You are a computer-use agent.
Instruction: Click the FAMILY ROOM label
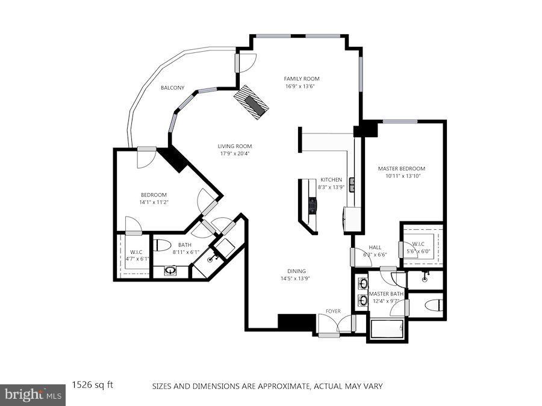coord(301,79)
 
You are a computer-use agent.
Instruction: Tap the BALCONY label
coord(172,88)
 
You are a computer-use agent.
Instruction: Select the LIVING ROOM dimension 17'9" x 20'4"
coord(234,153)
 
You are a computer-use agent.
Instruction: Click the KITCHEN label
coord(331,180)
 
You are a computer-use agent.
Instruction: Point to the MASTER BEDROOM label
coord(401,169)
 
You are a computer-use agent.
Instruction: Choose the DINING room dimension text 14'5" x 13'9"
coord(296,278)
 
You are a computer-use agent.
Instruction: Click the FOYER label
coord(332,311)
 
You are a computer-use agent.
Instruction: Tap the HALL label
coord(375,247)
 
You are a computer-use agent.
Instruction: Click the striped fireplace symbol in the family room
coord(252,101)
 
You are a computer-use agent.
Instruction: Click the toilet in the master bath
coord(434,305)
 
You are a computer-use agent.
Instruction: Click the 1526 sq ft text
coord(93,384)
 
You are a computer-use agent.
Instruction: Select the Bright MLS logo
coord(33,395)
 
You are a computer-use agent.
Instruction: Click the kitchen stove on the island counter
coord(312,206)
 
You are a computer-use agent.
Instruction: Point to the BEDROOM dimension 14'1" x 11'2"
coord(154,203)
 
